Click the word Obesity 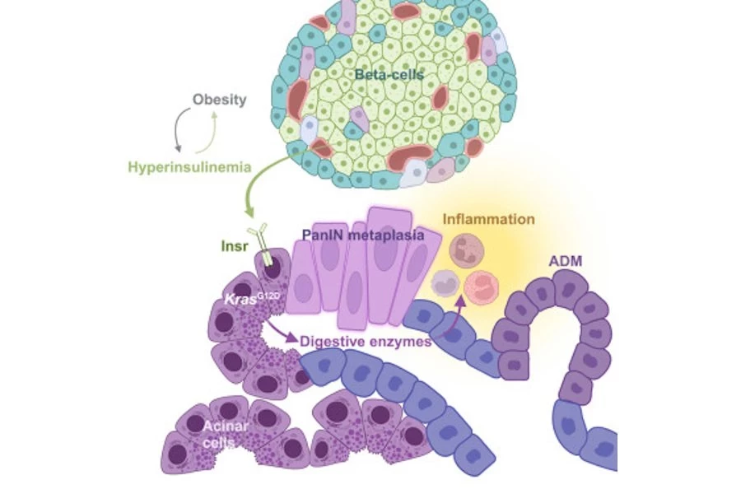click(219, 100)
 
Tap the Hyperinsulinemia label click(189, 167)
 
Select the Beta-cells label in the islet click(389, 75)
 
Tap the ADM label click(566, 261)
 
